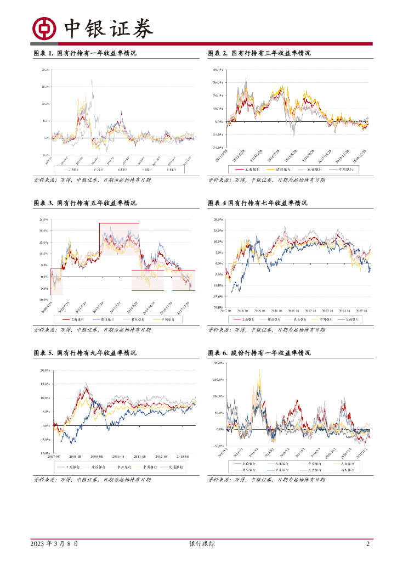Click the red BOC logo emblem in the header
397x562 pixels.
(44, 28)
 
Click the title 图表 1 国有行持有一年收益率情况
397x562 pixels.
(85, 53)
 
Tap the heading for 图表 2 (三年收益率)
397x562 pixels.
(259, 53)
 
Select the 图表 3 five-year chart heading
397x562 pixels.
(85, 203)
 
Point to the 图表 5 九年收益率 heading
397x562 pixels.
(85, 353)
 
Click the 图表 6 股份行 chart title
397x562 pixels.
(259, 353)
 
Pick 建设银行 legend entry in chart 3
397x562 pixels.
(104, 319)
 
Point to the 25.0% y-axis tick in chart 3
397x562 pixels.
(44, 219)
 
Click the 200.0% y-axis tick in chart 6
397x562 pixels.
(218, 363)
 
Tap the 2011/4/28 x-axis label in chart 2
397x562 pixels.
(224, 154)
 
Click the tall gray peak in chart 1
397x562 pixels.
(92, 81)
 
